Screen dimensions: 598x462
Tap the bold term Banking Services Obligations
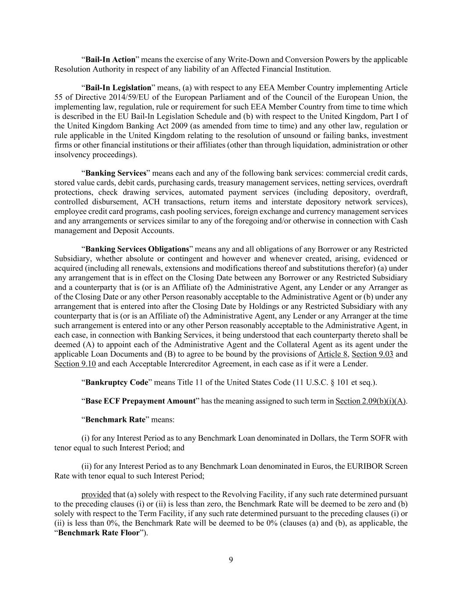[137, 249]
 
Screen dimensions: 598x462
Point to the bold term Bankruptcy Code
[117, 382]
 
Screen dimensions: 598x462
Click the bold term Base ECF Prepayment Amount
[140, 401]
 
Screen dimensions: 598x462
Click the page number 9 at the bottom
[231, 560]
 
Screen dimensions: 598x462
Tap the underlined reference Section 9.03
[372, 354]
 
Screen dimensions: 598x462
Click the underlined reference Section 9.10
[75, 364]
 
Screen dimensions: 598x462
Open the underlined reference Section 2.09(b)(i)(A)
[371, 401]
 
